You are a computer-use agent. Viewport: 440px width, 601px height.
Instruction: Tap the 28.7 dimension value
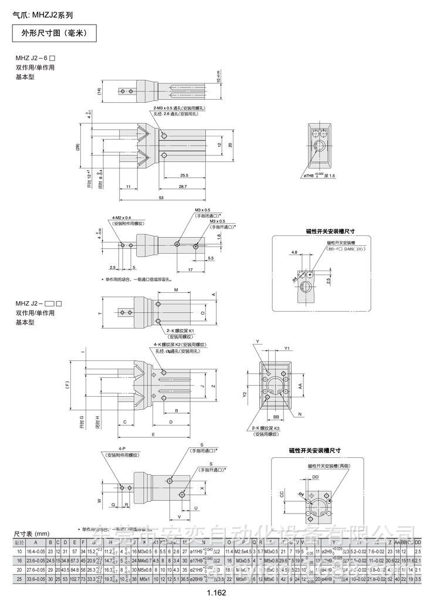[184, 186]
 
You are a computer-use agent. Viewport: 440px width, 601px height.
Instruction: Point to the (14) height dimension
[99, 90]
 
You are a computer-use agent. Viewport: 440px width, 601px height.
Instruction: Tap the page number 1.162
[216, 593]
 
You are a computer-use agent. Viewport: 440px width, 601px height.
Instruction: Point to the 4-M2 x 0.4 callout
[121, 218]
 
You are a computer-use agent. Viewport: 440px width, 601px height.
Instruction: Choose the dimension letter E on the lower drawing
[153, 434]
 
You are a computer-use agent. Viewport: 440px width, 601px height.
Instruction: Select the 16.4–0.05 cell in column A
[36, 552]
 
